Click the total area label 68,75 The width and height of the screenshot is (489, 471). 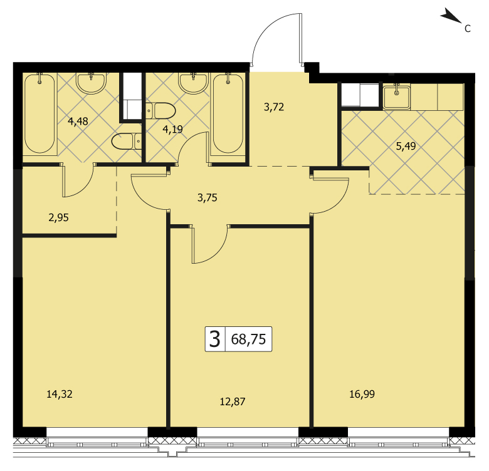point(248,339)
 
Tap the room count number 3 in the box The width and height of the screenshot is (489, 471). point(215,339)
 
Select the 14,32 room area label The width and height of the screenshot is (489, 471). point(60,395)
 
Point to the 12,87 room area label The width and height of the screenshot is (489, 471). point(233,402)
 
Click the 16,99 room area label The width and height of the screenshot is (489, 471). point(362,395)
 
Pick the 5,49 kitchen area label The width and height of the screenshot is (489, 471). point(406,146)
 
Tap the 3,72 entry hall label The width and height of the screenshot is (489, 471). point(274,107)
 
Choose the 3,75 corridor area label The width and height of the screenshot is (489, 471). point(207,197)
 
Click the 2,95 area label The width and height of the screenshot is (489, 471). point(59,217)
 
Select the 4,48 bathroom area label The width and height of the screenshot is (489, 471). point(78,121)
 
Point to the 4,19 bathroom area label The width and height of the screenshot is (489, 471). point(172,129)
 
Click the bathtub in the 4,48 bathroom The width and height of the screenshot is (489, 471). point(39,113)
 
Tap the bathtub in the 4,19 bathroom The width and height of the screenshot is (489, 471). point(228,113)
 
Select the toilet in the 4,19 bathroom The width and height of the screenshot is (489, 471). point(160,111)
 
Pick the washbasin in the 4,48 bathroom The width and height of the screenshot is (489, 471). point(92,83)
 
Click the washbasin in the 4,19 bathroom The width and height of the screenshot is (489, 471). point(193,83)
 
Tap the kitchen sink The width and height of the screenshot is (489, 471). point(396,97)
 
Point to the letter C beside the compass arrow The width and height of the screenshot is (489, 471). point(467,29)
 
